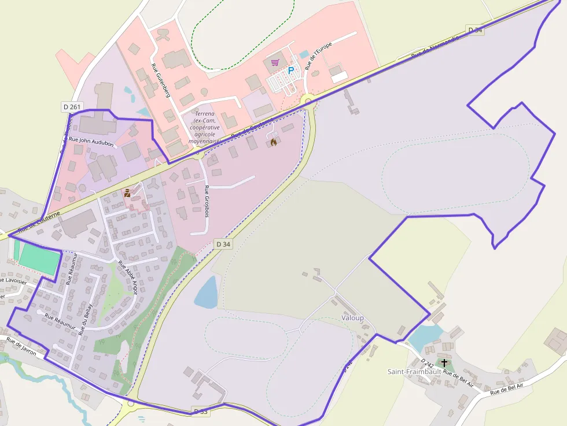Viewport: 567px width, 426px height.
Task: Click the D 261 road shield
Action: pos(72,107)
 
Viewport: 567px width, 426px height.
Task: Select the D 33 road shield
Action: pos(200,411)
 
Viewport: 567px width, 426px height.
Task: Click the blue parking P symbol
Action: pos(291,71)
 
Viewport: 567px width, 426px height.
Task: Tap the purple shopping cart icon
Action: pos(275,62)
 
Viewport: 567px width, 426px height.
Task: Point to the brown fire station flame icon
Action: pos(274,141)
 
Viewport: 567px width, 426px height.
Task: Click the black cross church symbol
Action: pos(444,363)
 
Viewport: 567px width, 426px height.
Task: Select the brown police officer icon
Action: pos(127,194)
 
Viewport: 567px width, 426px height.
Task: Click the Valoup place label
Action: pos(353,318)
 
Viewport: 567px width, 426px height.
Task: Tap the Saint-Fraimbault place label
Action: pos(414,372)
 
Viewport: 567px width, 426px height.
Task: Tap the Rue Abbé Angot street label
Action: pos(127,278)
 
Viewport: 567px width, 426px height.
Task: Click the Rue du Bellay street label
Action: pos(86,318)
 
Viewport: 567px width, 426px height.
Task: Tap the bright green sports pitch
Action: pos(39,259)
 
